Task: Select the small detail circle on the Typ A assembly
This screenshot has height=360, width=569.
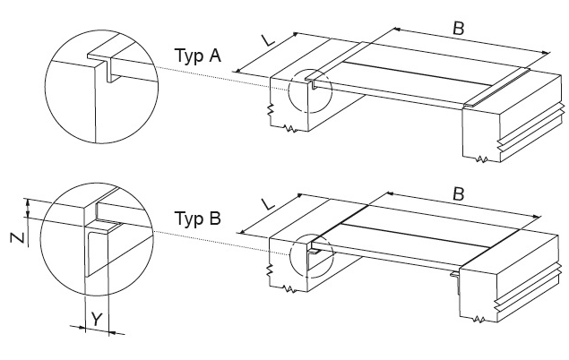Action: [311, 90]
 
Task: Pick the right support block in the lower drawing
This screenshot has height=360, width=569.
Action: [502, 287]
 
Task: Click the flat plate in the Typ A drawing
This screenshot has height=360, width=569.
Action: [403, 81]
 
